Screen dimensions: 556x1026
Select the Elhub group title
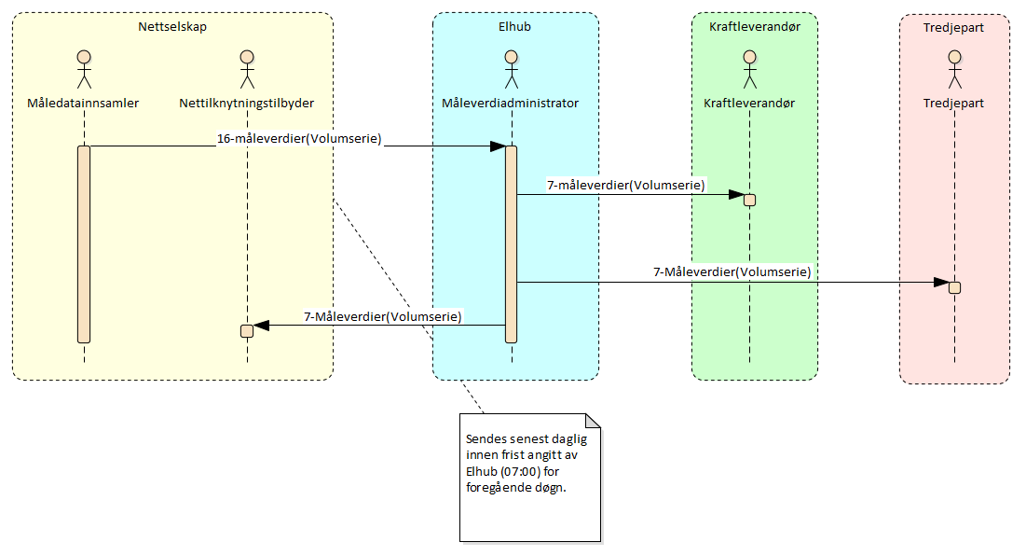point(514,26)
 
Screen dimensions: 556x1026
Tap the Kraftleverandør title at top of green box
point(754,26)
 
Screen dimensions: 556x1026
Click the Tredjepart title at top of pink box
point(954,27)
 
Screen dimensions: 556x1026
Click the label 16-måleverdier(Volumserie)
point(298,138)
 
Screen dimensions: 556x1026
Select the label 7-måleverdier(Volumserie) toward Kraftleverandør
point(626,185)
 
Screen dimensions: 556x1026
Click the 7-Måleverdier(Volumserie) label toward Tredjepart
point(732,272)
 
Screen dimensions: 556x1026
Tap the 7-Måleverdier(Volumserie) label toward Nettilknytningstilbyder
point(383,316)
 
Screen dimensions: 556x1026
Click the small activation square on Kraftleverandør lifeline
point(749,199)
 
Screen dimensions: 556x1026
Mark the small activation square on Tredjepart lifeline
point(954,286)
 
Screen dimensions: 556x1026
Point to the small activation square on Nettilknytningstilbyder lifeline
point(247,330)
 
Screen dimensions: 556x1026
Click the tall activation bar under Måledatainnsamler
point(84,243)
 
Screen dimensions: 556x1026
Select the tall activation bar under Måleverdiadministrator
point(511,243)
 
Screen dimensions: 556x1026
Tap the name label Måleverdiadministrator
point(511,104)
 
